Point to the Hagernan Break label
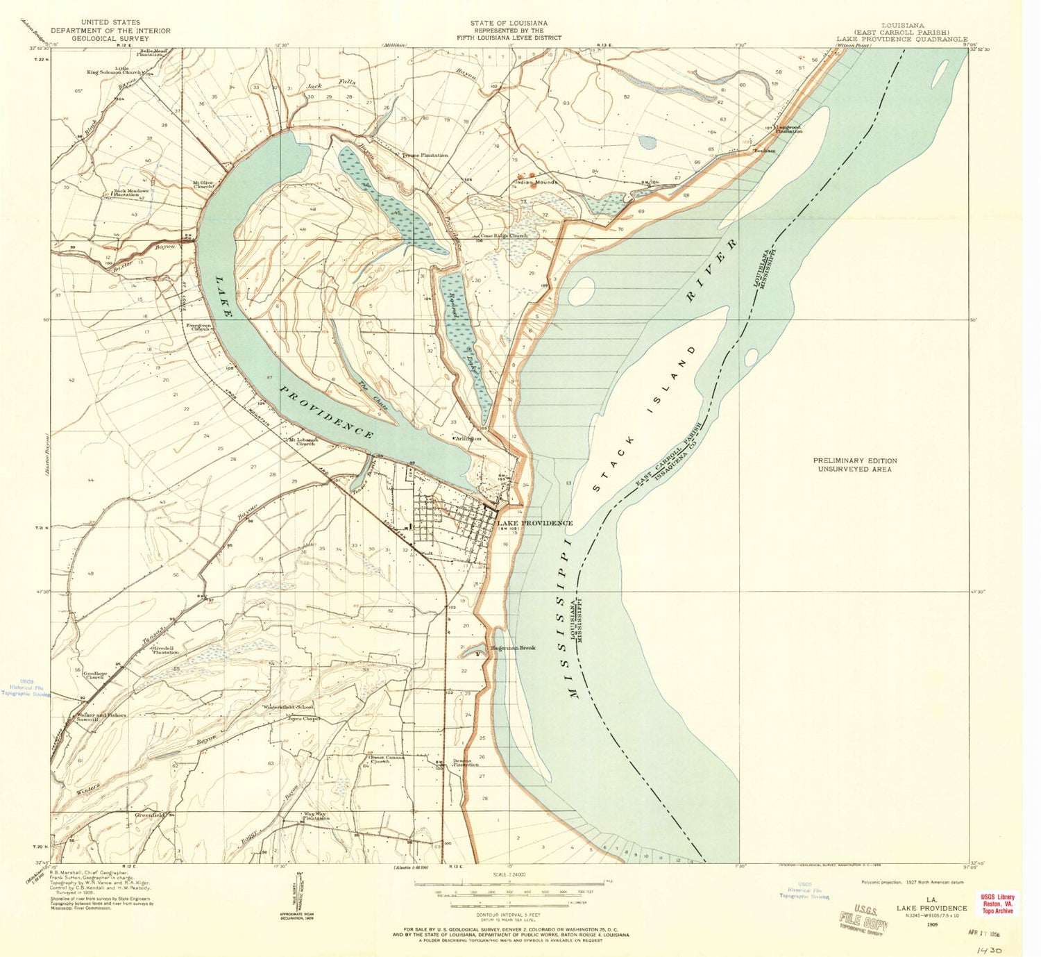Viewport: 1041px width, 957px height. pyautogui.click(x=514, y=648)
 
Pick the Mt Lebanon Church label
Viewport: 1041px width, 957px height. pyautogui.click(x=303, y=441)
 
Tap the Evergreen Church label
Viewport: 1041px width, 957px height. pyautogui.click(x=197, y=326)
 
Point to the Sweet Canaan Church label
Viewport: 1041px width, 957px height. pyautogui.click(x=387, y=759)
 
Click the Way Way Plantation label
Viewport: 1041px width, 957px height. pyautogui.click(x=316, y=816)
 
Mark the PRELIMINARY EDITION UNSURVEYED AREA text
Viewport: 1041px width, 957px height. pyautogui.click(x=854, y=465)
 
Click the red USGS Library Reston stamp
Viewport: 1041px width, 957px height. pyautogui.click(x=997, y=904)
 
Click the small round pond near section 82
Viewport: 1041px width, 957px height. pyautogui.click(x=647, y=142)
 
